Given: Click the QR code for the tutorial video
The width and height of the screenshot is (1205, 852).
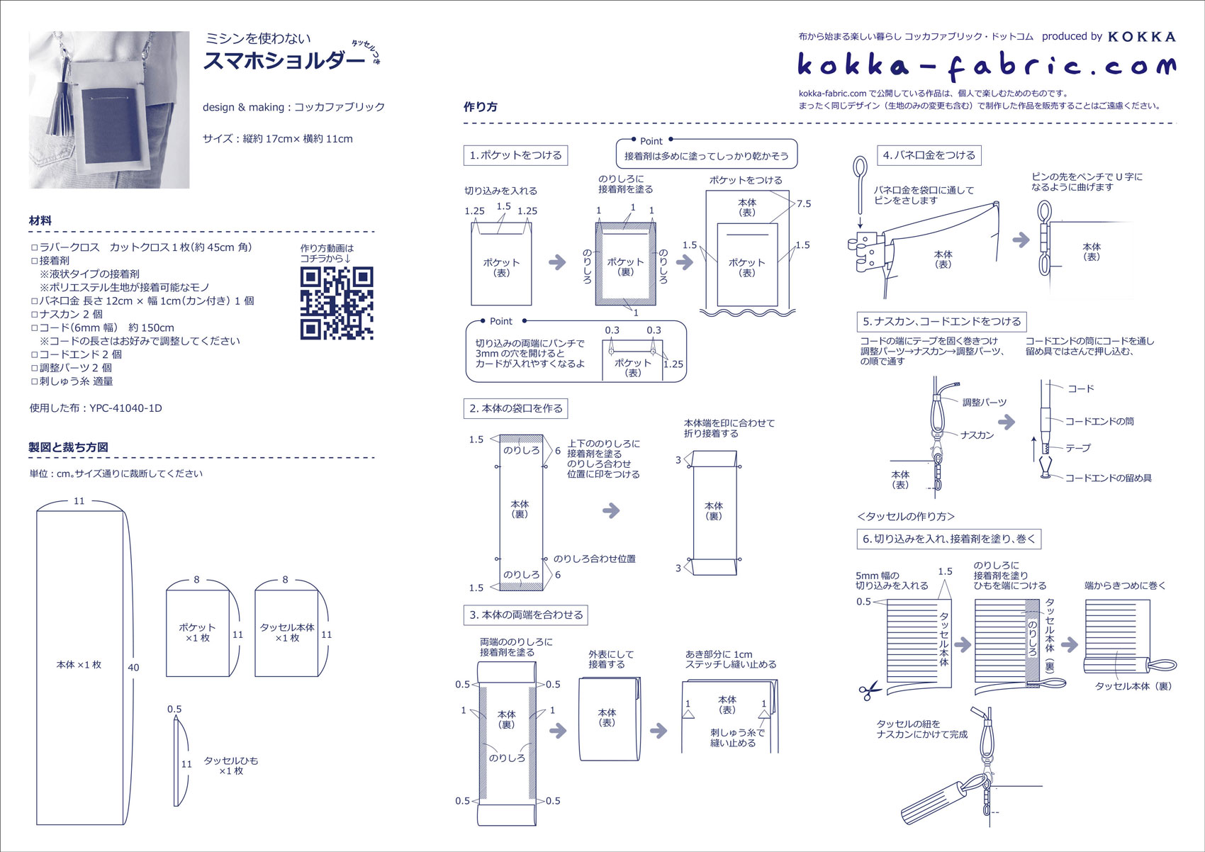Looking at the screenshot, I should click(337, 303).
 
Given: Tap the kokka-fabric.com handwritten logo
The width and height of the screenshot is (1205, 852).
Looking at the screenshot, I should click(986, 66).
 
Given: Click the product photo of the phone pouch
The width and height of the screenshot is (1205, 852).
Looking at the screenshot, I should click(109, 110).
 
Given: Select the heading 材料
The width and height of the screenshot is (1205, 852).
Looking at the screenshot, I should click(40, 220).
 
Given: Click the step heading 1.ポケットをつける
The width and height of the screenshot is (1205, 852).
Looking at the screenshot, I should click(515, 155).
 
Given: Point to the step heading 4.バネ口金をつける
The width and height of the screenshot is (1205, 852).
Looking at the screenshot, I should click(929, 155).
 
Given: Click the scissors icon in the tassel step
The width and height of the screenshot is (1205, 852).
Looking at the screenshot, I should click(869, 690).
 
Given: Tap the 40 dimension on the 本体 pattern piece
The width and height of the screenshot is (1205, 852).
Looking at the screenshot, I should click(133, 667).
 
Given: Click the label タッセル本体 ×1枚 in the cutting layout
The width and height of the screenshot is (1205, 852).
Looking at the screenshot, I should click(287, 632).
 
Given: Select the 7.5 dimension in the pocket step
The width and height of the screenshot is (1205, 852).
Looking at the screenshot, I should click(803, 203).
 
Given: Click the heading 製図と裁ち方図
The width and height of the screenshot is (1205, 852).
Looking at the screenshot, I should click(68, 447).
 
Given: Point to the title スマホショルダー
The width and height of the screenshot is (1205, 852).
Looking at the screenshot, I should click(284, 61).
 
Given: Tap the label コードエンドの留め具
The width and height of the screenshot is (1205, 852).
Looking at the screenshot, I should click(1108, 478).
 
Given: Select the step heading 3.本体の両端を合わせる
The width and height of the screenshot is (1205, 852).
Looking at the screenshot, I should click(527, 615).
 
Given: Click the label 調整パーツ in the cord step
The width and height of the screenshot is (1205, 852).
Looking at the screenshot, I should click(984, 403).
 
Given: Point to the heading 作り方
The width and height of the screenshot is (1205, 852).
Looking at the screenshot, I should click(480, 107).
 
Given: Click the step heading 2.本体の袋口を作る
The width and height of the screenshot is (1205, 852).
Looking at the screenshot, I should click(516, 408).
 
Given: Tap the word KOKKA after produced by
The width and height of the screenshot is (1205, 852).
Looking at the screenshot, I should click(1141, 37).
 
